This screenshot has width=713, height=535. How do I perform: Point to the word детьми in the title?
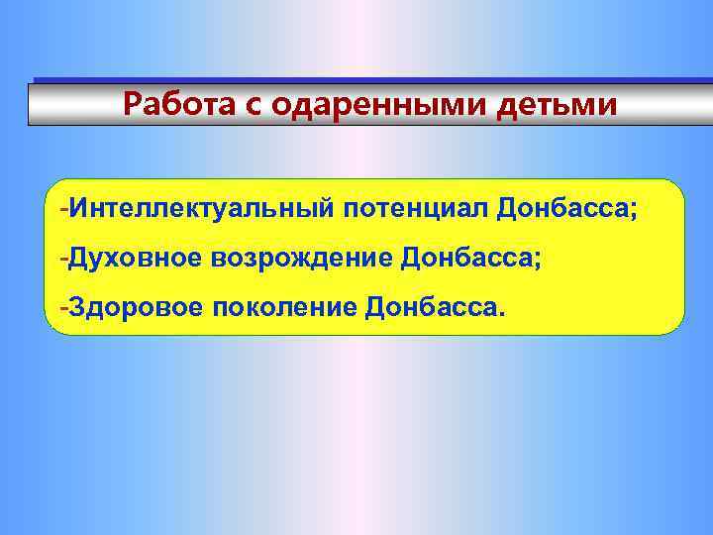[x=561, y=104]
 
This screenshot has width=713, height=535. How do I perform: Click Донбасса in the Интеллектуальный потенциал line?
[x=562, y=210]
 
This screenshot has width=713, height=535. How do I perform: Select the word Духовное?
[x=134, y=259]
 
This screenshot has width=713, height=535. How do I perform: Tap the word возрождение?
[x=300, y=260]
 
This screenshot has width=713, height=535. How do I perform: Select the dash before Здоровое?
[x=63, y=308]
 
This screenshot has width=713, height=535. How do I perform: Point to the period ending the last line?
[x=500, y=314]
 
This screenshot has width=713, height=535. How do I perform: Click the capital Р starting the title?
[x=132, y=104]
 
